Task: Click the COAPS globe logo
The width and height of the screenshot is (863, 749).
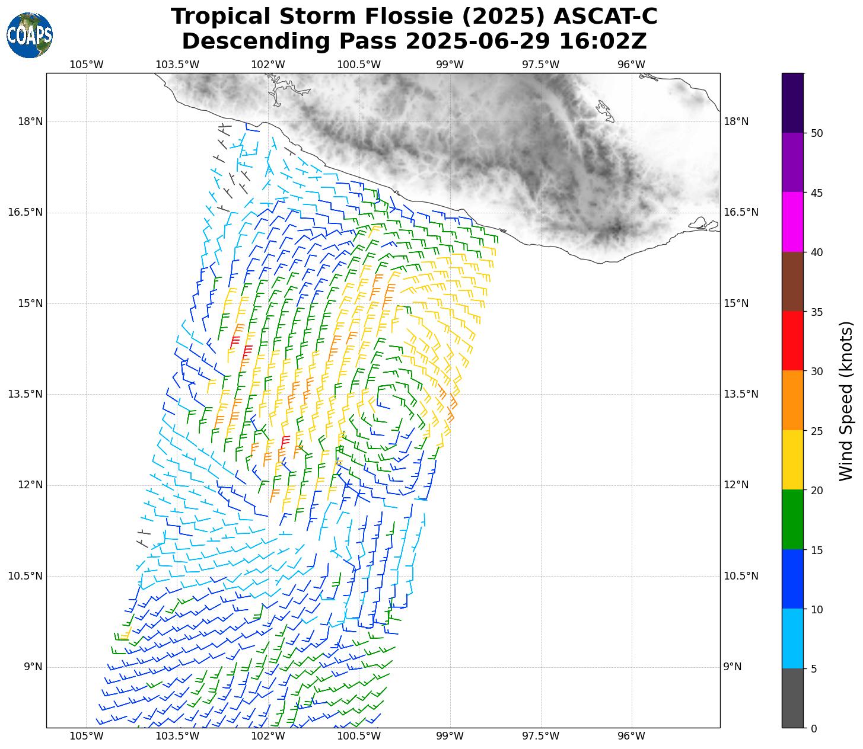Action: (30, 36)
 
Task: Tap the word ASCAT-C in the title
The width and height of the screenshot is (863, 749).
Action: (605, 17)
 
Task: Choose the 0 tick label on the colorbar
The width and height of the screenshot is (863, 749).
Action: (813, 729)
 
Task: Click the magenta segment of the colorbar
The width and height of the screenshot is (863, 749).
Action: (792, 222)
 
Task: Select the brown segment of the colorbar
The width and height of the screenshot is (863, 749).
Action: (792, 281)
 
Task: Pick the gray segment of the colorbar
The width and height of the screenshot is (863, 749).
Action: (792, 698)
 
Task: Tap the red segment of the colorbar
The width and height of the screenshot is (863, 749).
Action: (792, 341)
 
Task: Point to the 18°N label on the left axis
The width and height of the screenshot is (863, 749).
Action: (30, 122)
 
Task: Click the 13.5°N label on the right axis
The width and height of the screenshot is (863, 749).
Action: (741, 395)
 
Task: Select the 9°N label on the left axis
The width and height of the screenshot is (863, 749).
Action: (33, 667)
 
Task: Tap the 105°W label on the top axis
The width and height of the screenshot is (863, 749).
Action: (87, 65)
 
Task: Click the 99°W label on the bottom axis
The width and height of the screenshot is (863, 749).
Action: (450, 737)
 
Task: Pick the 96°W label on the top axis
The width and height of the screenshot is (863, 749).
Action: (631, 65)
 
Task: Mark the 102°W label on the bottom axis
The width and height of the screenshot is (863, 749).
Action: (268, 737)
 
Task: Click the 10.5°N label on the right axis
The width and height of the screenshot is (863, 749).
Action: (741, 576)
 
